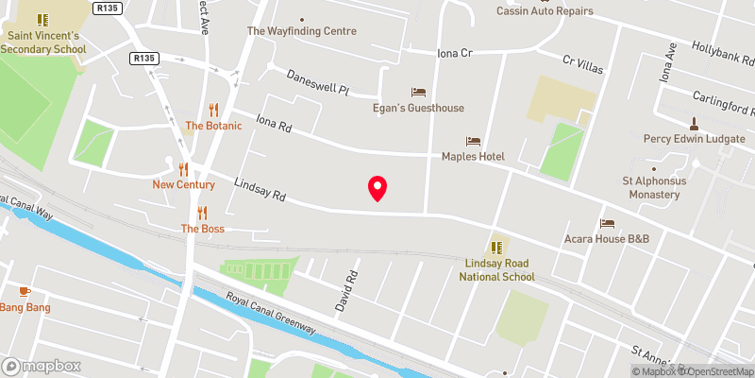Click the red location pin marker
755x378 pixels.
tap(377, 188)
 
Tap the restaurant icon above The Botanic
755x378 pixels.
tap(213, 110)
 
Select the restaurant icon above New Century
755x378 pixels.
tap(183, 169)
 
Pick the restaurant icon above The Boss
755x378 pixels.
tap(202, 213)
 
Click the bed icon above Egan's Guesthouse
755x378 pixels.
tap(418, 93)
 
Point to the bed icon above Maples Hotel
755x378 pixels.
tap(473, 141)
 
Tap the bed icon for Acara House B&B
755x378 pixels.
tap(607, 224)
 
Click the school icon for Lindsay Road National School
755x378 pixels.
tap(497, 248)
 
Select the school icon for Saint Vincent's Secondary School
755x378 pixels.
tap(42, 19)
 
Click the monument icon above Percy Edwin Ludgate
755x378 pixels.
tap(694, 123)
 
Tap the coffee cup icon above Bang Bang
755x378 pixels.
tap(25, 291)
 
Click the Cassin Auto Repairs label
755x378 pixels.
tap(546, 11)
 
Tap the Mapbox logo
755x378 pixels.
tap(42, 366)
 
